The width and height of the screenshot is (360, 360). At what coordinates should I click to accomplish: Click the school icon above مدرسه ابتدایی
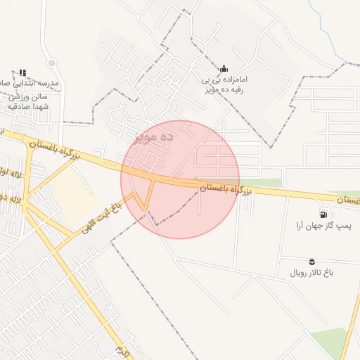pos(22,72)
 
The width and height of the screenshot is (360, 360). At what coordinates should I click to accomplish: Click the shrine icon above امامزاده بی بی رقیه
pos(224,67)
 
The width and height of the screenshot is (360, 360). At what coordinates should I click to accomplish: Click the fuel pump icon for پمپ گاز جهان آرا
pos(323,214)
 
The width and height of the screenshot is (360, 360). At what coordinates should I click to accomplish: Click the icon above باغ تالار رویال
pos(312,261)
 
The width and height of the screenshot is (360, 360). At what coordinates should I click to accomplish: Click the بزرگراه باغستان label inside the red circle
pos(226,188)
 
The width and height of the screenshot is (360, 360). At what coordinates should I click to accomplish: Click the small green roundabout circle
pos(51,63)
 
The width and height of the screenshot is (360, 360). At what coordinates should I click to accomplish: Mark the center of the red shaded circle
pos(180,179)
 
